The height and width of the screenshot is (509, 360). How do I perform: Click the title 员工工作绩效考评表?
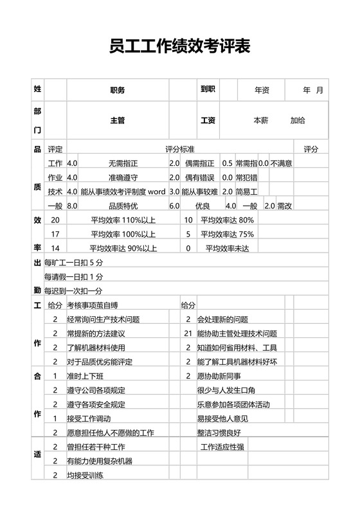click(x=179, y=48)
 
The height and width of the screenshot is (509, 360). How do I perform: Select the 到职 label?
click(x=207, y=90)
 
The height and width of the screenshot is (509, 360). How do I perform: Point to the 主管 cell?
click(x=118, y=120)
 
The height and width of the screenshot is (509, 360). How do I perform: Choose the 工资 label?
click(x=208, y=120)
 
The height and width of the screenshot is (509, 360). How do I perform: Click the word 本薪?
click(x=260, y=120)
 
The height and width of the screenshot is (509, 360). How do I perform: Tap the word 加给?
click(x=298, y=120)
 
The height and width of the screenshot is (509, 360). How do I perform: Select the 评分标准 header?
click(x=180, y=149)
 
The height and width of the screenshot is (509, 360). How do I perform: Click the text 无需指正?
click(x=123, y=163)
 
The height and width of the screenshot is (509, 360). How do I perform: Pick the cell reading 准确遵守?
click(x=123, y=177)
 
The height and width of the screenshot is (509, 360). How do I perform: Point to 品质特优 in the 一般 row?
click(x=123, y=206)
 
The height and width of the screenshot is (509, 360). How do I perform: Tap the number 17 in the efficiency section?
click(x=55, y=234)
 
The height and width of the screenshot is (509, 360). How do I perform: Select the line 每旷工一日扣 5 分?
click(x=73, y=262)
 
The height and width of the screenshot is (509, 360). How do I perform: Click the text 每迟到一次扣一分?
click(x=73, y=290)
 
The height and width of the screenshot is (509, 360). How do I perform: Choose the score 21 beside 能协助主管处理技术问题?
click(x=188, y=334)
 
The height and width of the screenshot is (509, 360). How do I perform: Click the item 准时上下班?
click(x=85, y=376)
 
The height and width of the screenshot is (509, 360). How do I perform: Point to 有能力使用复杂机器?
click(x=100, y=461)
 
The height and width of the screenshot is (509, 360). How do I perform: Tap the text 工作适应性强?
click(x=222, y=447)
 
